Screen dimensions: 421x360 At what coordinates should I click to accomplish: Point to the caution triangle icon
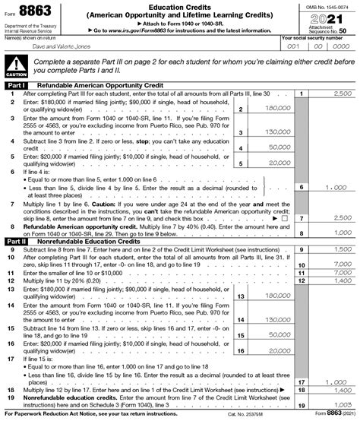(15, 65)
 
